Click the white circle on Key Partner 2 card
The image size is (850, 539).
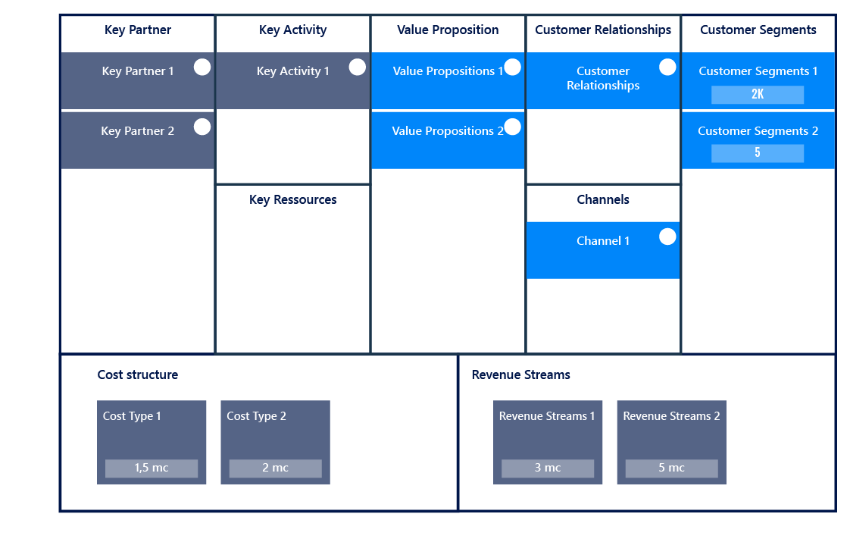(202, 127)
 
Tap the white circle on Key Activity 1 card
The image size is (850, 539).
(358, 67)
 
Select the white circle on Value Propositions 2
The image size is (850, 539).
(513, 127)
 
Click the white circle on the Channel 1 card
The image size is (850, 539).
(667, 237)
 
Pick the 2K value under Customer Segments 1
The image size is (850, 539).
(758, 95)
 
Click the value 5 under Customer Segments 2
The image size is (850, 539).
(758, 153)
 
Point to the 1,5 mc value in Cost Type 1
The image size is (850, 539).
(152, 468)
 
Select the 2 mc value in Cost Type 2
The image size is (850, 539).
(275, 468)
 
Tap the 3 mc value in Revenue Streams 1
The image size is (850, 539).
(548, 468)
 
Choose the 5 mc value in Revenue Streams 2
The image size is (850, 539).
(671, 468)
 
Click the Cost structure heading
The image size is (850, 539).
(138, 374)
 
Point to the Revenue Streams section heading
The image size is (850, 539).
(521, 374)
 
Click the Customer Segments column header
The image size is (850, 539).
(758, 30)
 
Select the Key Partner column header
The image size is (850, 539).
(138, 30)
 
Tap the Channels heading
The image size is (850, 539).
(603, 200)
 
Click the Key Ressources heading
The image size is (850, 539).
(293, 200)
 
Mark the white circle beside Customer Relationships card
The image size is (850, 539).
(667, 67)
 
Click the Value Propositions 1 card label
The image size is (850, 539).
(448, 71)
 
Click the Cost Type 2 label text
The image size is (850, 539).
(257, 416)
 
